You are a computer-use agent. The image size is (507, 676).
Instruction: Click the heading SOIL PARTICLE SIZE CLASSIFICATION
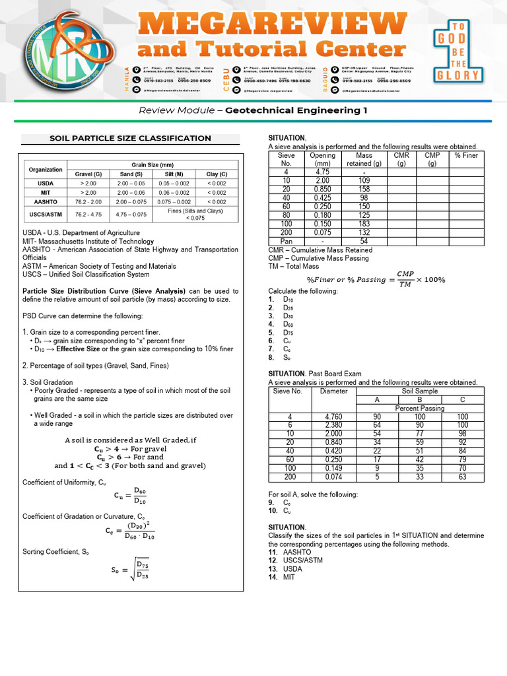(x=131, y=139)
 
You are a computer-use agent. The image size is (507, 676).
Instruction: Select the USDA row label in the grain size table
(x=46, y=183)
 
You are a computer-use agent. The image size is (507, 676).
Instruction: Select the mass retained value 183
(x=364, y=224)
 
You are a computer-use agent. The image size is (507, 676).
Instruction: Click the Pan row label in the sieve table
(x=286, y=242)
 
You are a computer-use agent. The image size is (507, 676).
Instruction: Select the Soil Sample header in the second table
(x=420, y=391)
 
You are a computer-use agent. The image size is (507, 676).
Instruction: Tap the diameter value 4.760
(x=333, y=417)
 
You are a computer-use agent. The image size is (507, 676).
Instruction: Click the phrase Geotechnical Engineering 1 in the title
(x=296, y=110)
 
